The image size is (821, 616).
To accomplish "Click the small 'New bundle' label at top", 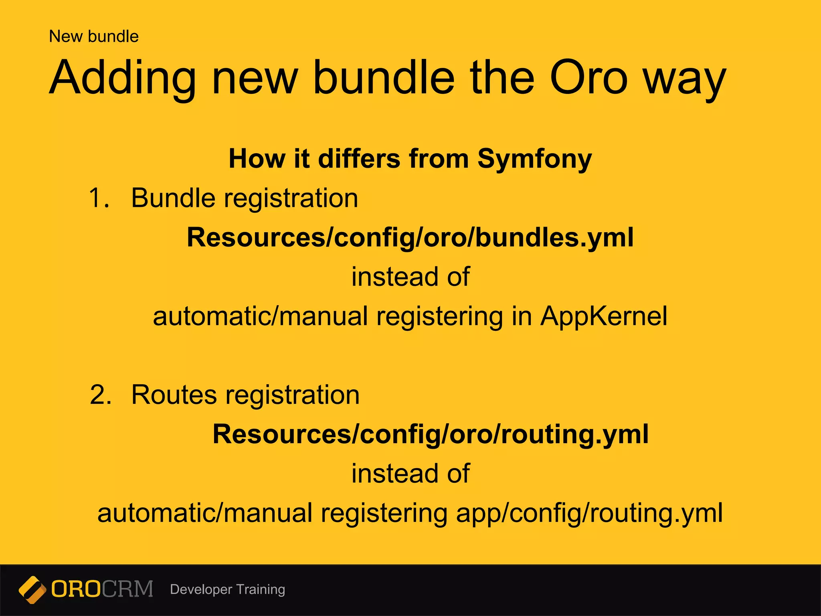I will [93, 36].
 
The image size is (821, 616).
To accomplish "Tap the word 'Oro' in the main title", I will [588, 77].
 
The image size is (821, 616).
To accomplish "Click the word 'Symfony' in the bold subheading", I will [534, 159].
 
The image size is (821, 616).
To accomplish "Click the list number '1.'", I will [99, 198].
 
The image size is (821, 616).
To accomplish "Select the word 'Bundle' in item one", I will [173, 198].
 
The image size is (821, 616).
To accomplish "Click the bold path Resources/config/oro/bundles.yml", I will [410, 237].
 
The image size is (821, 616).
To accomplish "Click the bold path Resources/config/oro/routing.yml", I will [430, 434].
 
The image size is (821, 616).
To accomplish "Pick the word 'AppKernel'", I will [603, 316].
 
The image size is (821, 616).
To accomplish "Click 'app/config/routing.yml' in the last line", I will [589, 513].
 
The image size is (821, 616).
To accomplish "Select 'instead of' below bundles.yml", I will [410, 277].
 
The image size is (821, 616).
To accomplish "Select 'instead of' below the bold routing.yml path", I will [410, 474].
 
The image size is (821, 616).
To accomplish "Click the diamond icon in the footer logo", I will [32, 590].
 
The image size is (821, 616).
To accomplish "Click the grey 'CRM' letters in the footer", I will [127, 589].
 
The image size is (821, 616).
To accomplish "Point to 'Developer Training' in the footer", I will [227, 590].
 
